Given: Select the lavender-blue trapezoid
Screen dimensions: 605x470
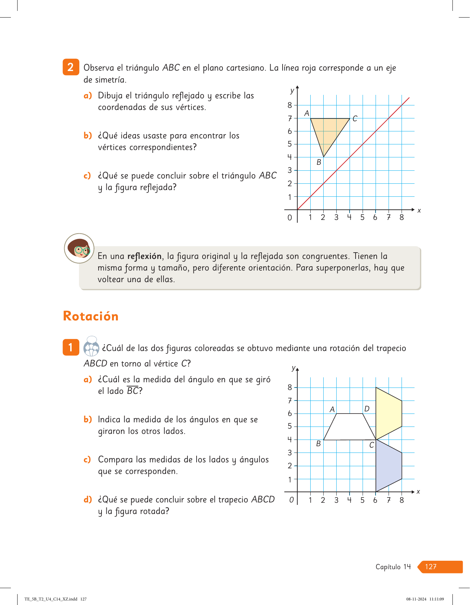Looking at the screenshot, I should click(388, 466).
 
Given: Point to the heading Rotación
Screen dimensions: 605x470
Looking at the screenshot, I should click(91, 316).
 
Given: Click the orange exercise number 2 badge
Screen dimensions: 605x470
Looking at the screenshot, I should click(71, 67).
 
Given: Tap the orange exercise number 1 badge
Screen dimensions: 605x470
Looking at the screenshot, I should click(71, 347).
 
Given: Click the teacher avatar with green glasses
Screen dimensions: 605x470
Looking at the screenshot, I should click(79, 248).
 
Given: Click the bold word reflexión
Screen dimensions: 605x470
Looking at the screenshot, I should click(144, 256).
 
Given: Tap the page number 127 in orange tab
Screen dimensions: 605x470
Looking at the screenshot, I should click(431, 567).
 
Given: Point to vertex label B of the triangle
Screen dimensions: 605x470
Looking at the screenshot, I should click(319, 162).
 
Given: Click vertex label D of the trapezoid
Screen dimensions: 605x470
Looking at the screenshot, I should click(367, 409).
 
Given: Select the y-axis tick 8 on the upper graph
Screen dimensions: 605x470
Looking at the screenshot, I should click(290, 105).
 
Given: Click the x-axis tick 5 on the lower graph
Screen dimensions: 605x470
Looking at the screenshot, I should click(362, 500).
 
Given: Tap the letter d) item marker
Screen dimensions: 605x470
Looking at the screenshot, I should click(87, 499).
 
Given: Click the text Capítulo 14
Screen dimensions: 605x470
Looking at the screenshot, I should click(393, 567).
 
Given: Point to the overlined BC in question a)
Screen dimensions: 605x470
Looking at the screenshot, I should click(133, 391).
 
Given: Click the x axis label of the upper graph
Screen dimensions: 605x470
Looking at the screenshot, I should click(419, 210).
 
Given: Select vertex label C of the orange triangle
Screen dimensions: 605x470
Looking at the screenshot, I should click(355, 119).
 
